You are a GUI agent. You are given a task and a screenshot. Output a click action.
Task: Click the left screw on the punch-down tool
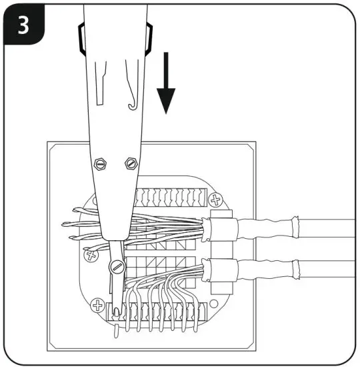[x=101, y=162]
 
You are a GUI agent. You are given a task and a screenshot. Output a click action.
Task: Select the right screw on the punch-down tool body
[x=130, y=162]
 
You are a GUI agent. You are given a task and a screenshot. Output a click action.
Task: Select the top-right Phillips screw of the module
[x=215, y=199]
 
